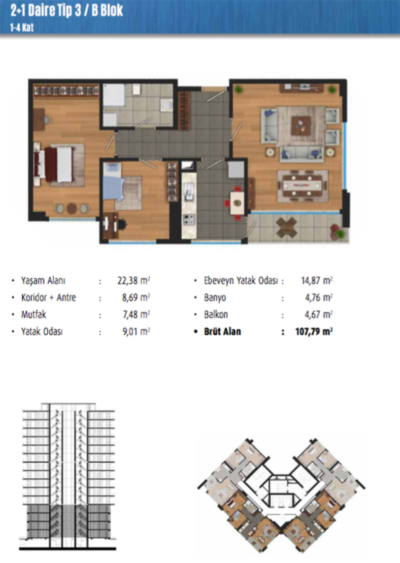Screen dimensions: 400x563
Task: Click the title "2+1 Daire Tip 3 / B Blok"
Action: point(67,10)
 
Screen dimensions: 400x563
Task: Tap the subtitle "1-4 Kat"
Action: point(22,28)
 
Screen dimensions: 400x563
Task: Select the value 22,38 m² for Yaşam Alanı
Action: point(133,280)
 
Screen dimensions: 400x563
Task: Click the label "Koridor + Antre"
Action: point(48,298)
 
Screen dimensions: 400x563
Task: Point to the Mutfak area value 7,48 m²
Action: point(136,315)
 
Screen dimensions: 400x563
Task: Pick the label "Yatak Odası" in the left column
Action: point(42,331)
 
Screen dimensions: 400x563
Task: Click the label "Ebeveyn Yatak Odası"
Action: point(241,281)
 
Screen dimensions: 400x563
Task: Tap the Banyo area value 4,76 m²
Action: point(319,298)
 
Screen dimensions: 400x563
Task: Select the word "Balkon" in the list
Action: point(216,315)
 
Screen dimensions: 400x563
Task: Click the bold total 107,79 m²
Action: point(314,331)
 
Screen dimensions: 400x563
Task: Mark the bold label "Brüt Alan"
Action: point(222,331)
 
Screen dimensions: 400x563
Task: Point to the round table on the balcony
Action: point(287,227)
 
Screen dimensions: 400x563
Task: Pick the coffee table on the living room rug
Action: point(301,125)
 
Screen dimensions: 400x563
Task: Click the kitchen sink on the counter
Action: point(189,192)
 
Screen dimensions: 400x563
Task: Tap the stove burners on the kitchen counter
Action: point(189,219)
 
